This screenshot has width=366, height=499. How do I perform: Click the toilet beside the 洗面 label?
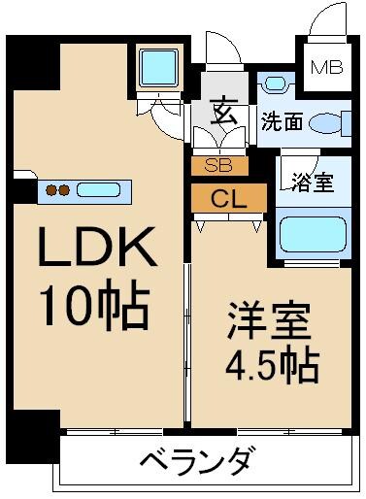[334, 123]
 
